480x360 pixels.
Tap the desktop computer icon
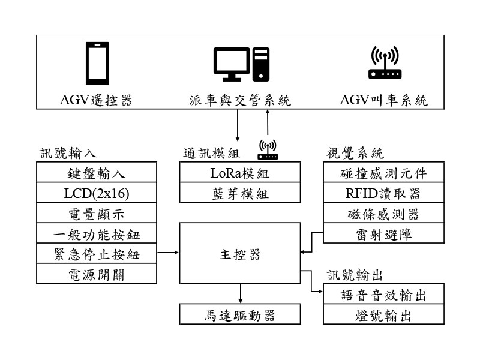240,64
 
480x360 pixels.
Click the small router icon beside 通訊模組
268,150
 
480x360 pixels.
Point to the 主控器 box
240,253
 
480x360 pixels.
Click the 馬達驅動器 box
240,314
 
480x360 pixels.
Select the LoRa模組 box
240,173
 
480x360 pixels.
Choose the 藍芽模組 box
240,193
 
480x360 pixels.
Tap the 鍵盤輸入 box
96,173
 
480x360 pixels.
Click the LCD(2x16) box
96,193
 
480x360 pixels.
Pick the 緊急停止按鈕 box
96,254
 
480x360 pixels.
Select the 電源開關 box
96,274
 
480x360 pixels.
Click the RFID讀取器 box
384,193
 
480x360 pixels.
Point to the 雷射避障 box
384,233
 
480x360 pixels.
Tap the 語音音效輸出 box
384,295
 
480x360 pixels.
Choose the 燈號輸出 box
384,315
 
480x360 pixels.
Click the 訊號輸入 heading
68,152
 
